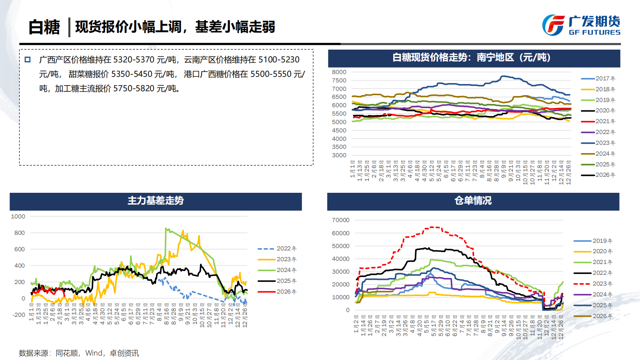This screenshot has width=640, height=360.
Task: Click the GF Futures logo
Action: [581, 25]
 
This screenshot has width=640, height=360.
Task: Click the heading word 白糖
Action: [44, 27]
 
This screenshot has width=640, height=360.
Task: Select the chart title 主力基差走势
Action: [156, 201]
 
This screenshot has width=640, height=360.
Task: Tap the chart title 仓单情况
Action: [473, 201]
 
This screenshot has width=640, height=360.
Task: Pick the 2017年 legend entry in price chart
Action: [598, 78]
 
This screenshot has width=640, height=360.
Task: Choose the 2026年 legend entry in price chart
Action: [598, 175]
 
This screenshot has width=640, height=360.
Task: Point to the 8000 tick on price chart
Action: [339, 72]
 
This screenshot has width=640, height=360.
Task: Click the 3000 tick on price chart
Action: [339, 155]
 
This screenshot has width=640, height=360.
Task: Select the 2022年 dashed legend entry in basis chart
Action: [277, 248]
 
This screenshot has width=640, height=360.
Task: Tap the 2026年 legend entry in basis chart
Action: [277, 292]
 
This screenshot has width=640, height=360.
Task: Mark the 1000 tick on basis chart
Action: [18, 216]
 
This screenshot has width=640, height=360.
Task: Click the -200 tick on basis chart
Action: [18, 315]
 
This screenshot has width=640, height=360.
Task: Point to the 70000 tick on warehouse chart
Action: [340, 220]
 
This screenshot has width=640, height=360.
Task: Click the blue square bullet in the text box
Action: [28, 60]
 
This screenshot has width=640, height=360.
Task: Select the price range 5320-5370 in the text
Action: [134, 60]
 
